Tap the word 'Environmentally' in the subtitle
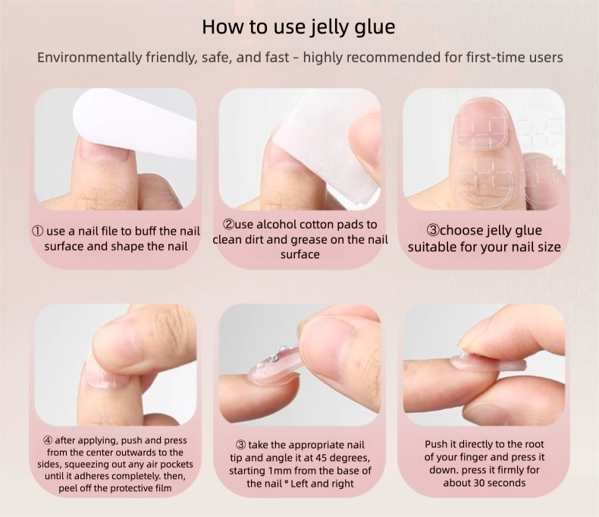89,58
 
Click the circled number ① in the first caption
37,232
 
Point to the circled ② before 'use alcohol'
228,224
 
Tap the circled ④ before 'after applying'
48,440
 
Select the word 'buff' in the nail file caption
146,232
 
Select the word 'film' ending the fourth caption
164,488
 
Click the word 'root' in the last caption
535,444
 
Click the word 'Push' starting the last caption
435,444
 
